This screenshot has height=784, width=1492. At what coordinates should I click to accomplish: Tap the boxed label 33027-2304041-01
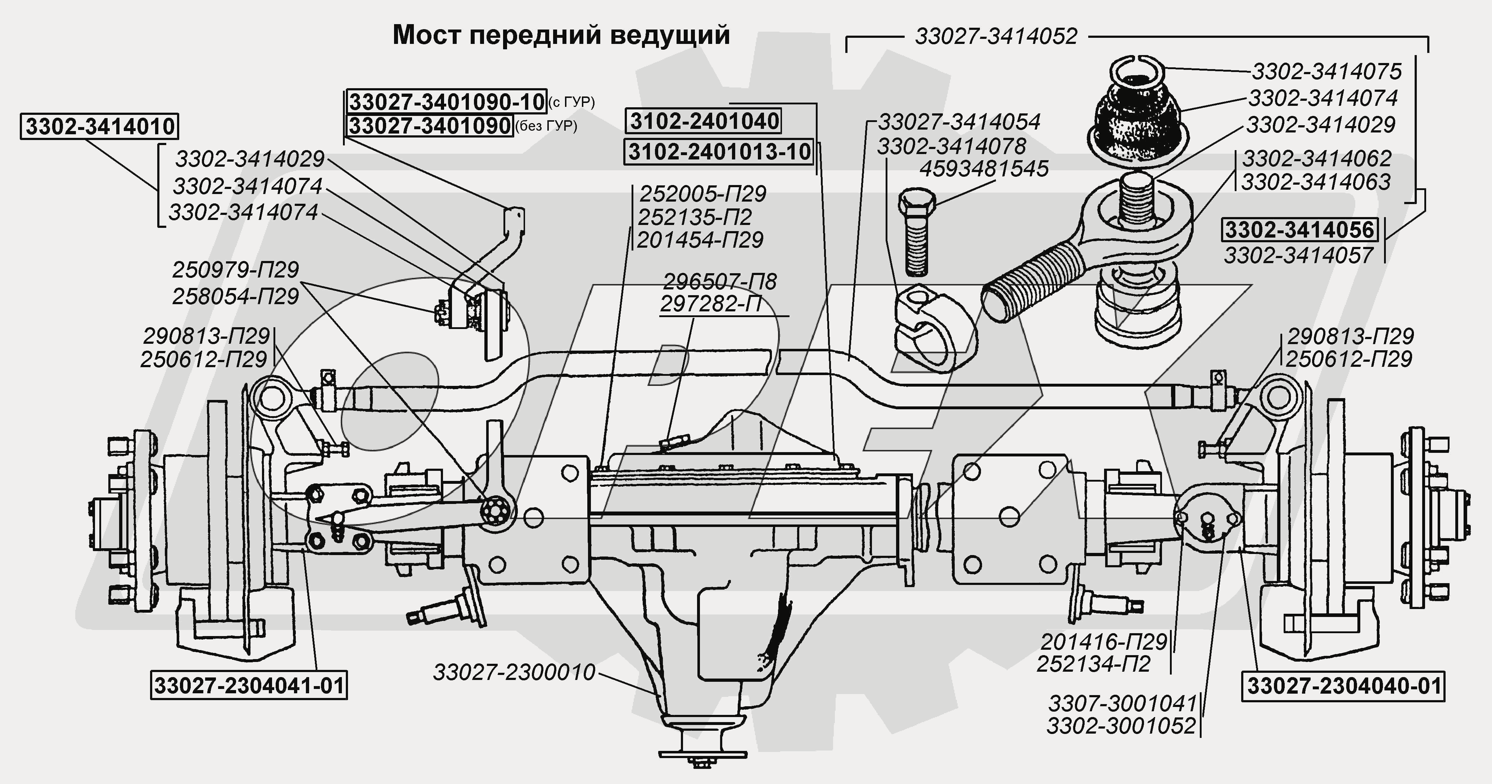pos(248,686)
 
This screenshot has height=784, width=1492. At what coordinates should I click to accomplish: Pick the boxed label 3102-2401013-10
pos(719,152)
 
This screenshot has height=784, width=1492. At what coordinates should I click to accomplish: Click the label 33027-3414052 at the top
pos(996,36)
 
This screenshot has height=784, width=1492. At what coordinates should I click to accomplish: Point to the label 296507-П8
pos(719,281)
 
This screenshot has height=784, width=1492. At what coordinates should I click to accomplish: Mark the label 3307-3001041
pos(1122,703)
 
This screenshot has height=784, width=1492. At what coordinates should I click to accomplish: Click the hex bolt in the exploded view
pos(916,232)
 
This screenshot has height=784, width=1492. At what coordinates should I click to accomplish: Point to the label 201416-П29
pos(1103,642)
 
